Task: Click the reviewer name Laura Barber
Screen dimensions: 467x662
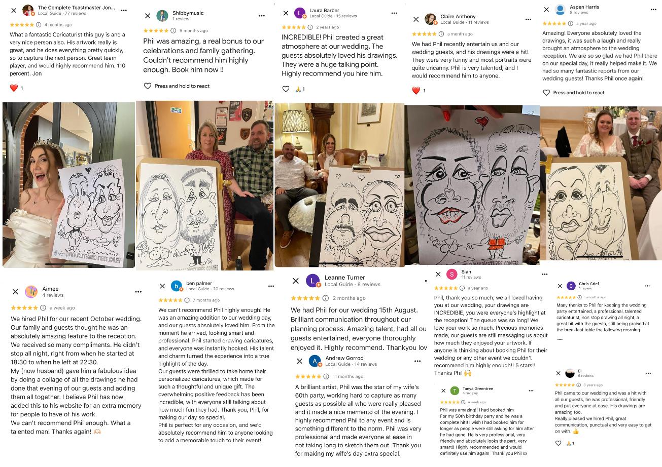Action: pyautogui.click(x=324, y=10)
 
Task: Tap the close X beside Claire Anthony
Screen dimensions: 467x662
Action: pyautogui.click(x=416, y=19)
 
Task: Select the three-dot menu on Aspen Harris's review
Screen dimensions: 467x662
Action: pyautogui.click(x=653, y=10)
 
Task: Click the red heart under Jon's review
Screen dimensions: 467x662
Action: pyautogui.click(x=14, y=88)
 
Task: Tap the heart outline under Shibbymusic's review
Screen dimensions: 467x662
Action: pyautogui.click(x=148, y=86)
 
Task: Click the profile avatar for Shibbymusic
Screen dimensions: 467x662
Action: pyautogui.click(x=162, y=16)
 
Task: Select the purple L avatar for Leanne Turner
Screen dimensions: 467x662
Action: pyautogui.click(x=313, y=281)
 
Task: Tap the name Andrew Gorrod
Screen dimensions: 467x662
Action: pyautogui.click(x=344, y=358)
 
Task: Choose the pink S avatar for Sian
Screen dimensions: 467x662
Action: pyautogui.click(x=451, y=275)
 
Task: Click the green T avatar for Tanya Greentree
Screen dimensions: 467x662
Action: pyautogui.click(x=455, y=391)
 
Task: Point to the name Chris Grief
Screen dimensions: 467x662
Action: pyautogui.click(x=588, y=284)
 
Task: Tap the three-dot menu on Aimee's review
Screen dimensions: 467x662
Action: pyautogui.click(x=138, y=292)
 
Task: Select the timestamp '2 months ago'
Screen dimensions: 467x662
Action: pyautogui.click(x=349, y=298)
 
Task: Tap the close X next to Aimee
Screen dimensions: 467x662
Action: pyautogui.click(x=15, y=292)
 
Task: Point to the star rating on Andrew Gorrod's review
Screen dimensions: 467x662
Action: pyautogui.click(x=308, y=376)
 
